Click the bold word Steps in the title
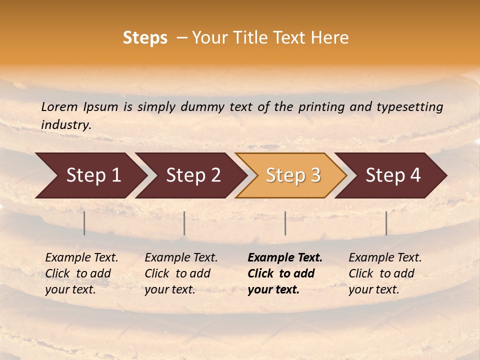(x=145, y=38)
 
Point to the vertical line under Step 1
(x=84, y=223)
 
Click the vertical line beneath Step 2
(x=184, y=223)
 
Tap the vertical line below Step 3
(x=285, y=223)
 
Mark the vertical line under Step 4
(x=386, y=223)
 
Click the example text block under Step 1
(x=81, y=273)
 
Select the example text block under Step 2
(x=181, y=273)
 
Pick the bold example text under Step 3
(x=284, y=273)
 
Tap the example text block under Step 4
(x=385, y=273)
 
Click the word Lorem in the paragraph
(x=59, y=107)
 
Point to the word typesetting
(x=409, y=107)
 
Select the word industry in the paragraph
(x=65, y=125)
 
